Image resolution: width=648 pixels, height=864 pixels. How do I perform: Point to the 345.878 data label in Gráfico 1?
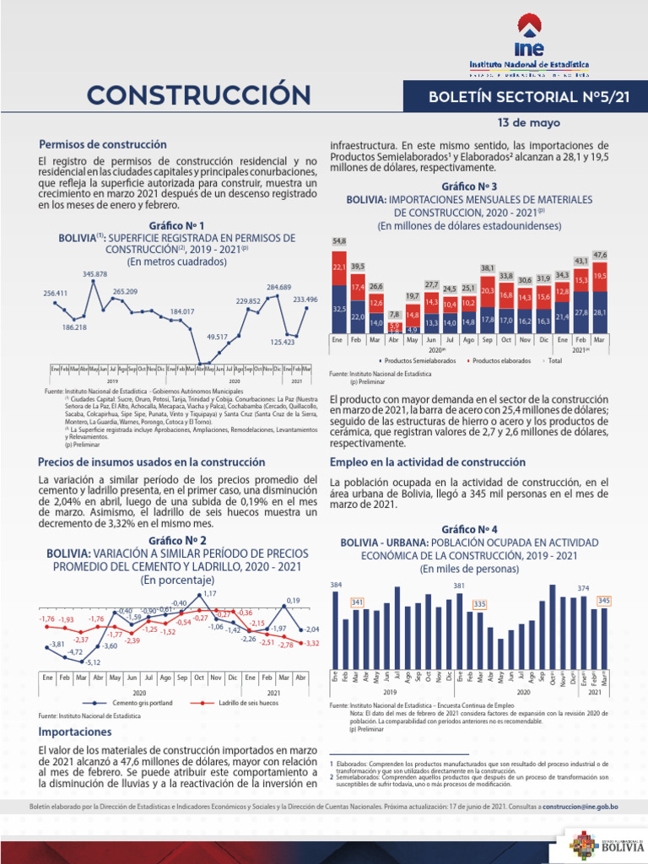94,275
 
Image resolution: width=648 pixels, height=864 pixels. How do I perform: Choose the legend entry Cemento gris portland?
139,702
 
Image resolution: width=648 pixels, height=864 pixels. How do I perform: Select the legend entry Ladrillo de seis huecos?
247,702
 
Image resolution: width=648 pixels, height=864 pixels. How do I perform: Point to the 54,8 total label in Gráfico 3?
338,241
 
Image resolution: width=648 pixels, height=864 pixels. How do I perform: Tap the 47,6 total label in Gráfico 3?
600,254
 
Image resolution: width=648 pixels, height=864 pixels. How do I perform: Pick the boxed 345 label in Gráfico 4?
603,600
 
